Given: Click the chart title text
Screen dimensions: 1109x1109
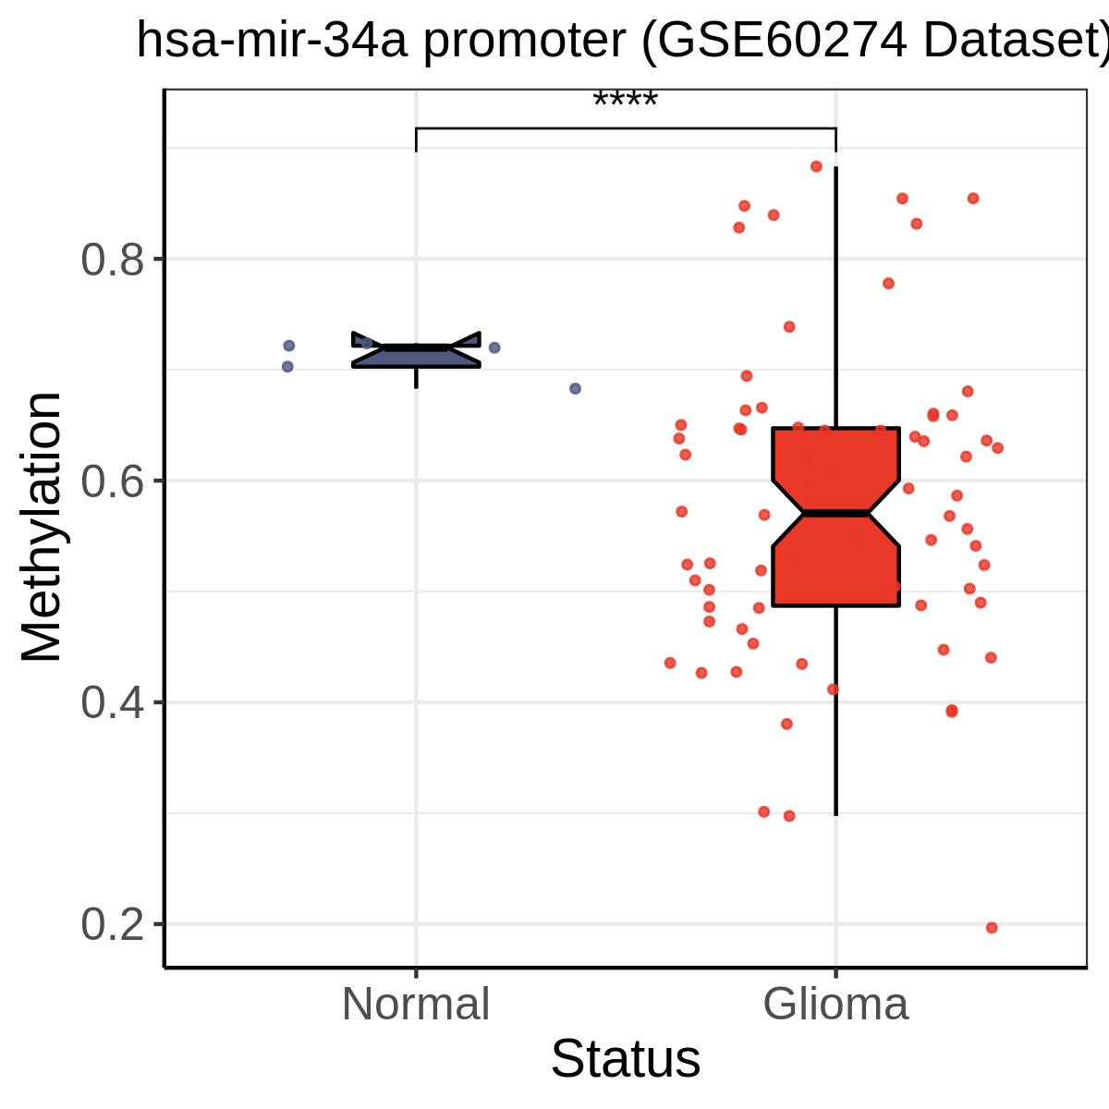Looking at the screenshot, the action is pos(623,41).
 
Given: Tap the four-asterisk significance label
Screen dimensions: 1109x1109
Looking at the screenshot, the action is pos(625,99).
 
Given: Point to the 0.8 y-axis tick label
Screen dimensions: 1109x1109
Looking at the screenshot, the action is pos(112,260).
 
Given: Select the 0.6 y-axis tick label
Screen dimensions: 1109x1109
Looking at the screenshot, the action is pos(112,481).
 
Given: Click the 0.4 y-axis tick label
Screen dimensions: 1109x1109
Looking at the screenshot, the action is pos(112,702).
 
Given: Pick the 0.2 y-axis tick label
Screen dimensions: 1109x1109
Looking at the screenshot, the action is pos(112,924).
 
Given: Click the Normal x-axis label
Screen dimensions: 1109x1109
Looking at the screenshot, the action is pos(416,1005).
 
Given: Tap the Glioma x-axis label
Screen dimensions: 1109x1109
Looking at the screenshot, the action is pos(835,1005).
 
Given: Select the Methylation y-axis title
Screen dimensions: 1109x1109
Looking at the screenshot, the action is pos(42,527).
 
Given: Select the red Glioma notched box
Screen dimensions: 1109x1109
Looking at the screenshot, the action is pos(835,517).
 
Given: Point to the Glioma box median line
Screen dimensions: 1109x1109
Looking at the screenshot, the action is pos(835,513).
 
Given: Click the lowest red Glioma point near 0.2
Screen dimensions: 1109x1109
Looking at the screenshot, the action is pos(992,928).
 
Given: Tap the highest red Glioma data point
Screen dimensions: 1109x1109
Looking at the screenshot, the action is pos(816,166).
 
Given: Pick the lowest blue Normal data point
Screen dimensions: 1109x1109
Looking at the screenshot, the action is pos(575,388).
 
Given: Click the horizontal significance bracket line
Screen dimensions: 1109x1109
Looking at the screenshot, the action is pos(626,128).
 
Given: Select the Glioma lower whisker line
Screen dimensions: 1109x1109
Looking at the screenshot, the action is pos(835,711).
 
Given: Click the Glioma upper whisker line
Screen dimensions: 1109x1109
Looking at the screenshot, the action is pos(835,297).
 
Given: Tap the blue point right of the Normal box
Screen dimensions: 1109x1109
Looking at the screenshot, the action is pos(494,347).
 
